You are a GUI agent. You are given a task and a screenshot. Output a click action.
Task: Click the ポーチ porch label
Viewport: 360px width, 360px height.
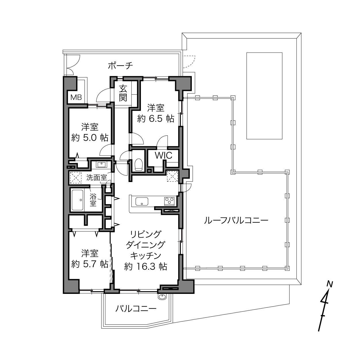point(120,66)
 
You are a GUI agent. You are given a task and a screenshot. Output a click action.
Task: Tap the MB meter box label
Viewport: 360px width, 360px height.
point(76,97)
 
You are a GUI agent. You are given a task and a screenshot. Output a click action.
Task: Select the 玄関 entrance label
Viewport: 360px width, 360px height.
point(123,93)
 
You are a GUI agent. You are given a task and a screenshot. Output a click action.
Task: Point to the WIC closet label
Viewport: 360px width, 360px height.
point(163,155)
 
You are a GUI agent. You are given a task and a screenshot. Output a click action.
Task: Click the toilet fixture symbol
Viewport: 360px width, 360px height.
point(139,164)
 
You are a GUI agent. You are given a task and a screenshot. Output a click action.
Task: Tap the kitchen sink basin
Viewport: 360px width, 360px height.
point(142,201)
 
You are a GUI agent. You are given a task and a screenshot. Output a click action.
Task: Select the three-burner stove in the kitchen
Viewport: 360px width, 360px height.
point(169,201)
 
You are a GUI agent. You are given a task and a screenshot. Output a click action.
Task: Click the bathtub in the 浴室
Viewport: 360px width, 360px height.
point(77,200)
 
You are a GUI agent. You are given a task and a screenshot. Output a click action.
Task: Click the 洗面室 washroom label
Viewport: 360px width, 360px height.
point(96,177)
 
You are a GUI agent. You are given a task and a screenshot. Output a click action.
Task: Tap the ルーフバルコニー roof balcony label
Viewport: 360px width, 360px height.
point(236,221)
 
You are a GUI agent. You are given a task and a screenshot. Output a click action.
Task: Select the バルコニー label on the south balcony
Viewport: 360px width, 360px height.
point(136,309)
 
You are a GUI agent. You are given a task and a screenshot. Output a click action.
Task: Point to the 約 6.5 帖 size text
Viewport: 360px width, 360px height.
point(156,119)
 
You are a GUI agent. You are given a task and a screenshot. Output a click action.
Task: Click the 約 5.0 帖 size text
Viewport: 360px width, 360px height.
point(90,138)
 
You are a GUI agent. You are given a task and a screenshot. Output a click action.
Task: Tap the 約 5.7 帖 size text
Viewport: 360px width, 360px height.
point(90,264)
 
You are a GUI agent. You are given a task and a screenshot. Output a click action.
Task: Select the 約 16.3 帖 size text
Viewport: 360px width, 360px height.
point(145,266)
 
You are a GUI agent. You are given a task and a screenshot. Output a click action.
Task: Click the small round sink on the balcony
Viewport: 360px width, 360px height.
point(162,297)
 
